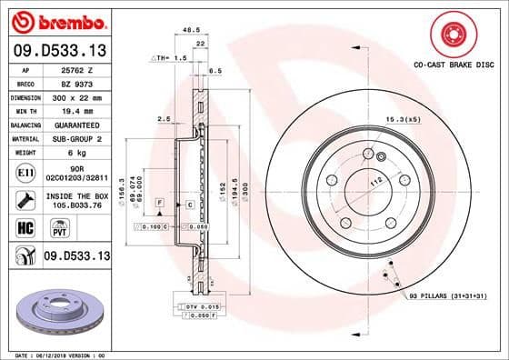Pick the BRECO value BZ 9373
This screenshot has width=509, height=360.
click(74, 83)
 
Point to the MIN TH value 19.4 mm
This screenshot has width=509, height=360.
click(74, 110)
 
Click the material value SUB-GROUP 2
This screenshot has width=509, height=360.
click(75, 138)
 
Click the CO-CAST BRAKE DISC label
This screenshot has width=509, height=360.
click(454, 66)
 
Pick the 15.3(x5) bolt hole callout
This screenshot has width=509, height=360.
click(403, 120)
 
